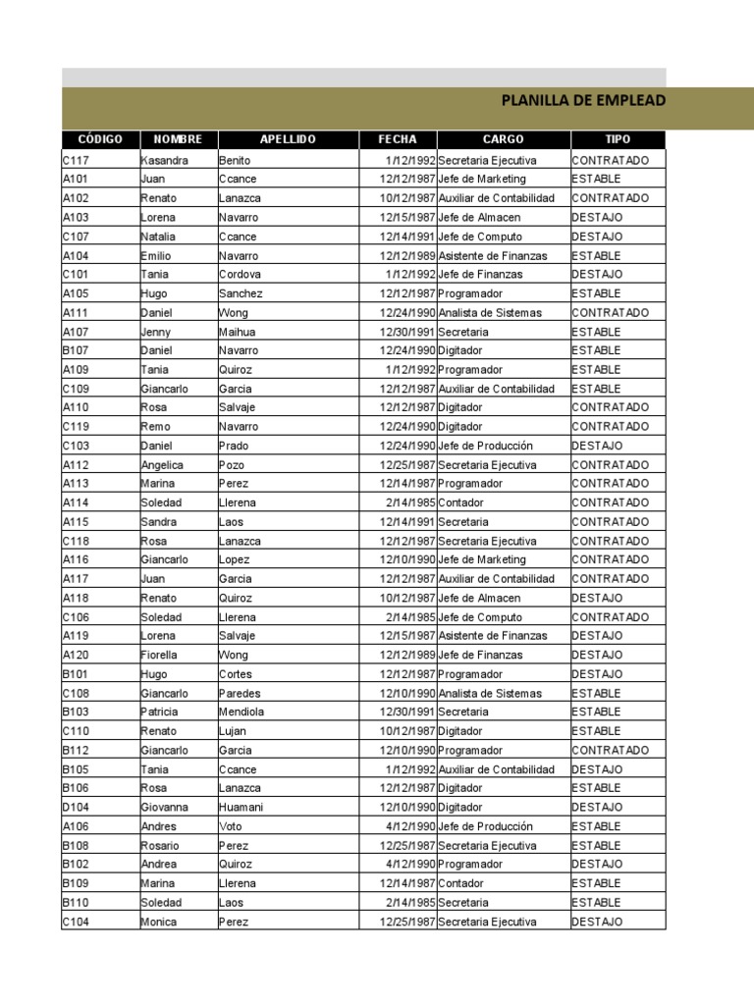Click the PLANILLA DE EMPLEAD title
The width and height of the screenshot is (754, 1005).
(583, 100)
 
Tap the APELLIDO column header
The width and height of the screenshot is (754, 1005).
(288, 139)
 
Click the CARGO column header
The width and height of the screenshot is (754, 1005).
(503, 139)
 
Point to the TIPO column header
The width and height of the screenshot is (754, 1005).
(618, 139)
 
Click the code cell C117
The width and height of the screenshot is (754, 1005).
(76, 160)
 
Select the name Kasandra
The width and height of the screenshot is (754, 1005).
(164, 160)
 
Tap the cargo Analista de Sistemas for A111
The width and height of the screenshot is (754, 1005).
(489, 313)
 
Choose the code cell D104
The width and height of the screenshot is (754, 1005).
(76, 807)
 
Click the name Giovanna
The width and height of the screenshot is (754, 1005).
(165, 807)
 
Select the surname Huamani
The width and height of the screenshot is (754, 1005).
(241, 807)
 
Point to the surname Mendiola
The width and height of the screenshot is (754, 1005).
(242, 712)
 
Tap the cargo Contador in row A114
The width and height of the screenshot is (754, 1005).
(460, 502)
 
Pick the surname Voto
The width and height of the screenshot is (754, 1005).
(231, 826)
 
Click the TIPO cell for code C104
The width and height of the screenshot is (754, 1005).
(597, 922)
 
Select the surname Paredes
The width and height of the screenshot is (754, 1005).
(239, 693)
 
